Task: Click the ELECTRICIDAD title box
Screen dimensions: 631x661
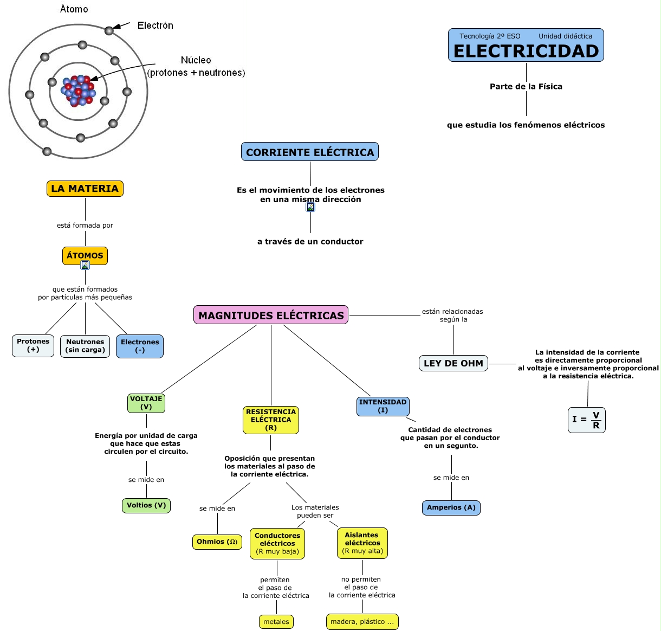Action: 526,45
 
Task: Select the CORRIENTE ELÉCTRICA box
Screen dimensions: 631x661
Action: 310,152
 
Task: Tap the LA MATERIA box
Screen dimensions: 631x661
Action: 85,189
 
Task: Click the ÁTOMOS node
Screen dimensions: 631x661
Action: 85,255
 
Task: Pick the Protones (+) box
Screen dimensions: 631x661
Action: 33,345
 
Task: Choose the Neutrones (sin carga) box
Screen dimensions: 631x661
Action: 85,346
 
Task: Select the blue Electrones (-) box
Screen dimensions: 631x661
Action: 140,346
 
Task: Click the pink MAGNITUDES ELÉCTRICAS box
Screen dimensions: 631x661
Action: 271,315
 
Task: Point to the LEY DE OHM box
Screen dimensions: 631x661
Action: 453,363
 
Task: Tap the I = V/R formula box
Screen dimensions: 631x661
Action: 586,420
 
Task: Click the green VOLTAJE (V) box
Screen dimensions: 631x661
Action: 146,403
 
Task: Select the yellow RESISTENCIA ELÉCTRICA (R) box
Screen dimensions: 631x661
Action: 271,420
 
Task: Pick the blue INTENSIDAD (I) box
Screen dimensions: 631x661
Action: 383,406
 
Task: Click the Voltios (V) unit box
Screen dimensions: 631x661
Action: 146,505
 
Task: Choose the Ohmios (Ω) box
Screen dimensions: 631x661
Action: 217,542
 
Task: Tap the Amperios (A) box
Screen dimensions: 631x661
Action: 451,507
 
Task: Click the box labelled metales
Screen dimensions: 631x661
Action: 276,622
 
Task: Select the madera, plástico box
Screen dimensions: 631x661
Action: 362,622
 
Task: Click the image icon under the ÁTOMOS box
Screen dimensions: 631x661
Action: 85,265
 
